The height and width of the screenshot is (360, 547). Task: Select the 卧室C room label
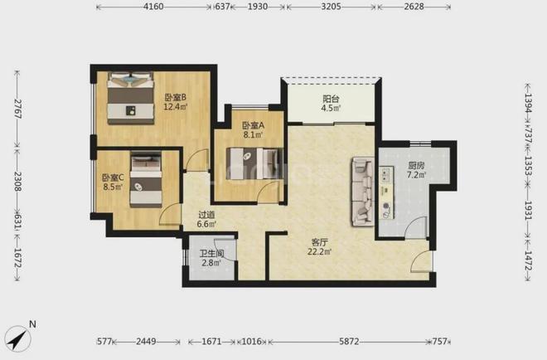pos(113,178)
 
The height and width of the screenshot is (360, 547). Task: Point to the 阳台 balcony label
pos(331,99)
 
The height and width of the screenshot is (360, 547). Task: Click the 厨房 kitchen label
pos(416,165)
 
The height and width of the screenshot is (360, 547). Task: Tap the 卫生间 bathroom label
pos(211,254)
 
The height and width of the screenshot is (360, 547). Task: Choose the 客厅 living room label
pos(319,242)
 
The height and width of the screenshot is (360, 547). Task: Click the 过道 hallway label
pos(206,215)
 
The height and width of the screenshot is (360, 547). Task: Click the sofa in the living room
pos(363,192)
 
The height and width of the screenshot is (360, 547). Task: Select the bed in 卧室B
pos(130,98)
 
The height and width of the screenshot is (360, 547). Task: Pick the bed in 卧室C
pos(146,179)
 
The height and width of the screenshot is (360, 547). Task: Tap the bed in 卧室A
pos(254,163)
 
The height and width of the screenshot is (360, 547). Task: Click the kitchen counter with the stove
pos(386,192)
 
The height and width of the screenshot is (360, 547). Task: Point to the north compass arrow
pos(18,338)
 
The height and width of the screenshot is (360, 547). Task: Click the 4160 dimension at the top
pos(153,7)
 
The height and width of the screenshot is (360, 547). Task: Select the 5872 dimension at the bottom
pos(349,341)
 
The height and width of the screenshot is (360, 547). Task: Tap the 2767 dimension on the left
pos(17,109)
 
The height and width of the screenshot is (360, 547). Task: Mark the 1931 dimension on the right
pos(528,211)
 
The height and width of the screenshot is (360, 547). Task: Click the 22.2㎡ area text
pos(319,251)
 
